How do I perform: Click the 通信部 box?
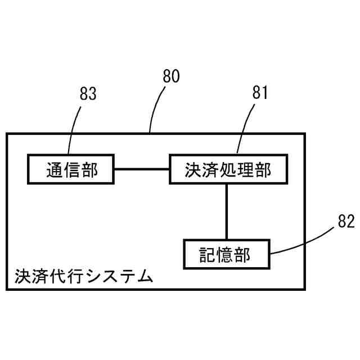(71, 169)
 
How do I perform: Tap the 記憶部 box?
(226, 255)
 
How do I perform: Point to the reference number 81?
(260, 93)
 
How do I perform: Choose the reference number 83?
(88, 93)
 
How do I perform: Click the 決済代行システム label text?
(84, 276)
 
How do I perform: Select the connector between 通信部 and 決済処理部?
(142, 169)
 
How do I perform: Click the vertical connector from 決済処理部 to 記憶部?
(226, 211)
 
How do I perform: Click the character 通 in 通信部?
(53, 169)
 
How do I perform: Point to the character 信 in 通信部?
(71, 169)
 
